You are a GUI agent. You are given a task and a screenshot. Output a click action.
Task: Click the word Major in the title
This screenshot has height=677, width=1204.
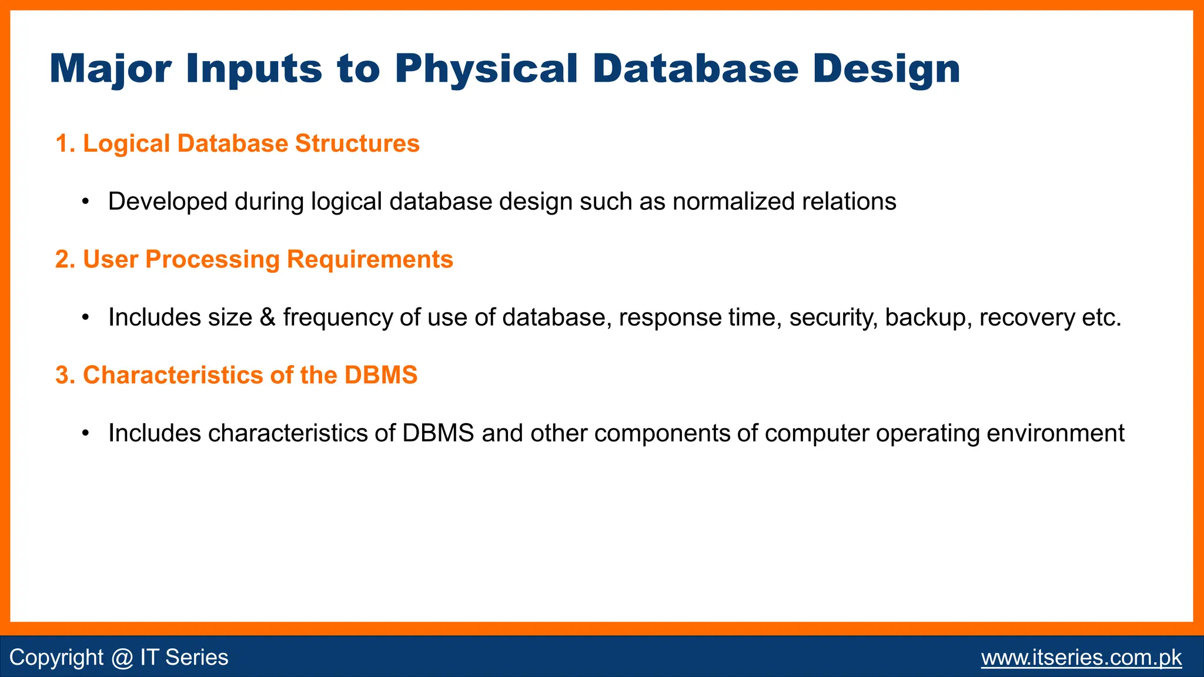point(110,69)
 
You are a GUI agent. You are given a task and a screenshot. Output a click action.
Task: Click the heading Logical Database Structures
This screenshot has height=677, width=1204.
point(238,143)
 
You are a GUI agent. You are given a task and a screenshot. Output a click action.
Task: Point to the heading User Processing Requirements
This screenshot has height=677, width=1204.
point(254,259)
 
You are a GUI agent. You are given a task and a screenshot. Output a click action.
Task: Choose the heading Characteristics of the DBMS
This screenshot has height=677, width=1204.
point(236,375)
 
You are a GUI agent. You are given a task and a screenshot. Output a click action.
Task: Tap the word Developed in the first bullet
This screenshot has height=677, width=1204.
point(168,202)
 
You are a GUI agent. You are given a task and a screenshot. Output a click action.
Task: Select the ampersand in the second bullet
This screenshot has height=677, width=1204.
point(267,317)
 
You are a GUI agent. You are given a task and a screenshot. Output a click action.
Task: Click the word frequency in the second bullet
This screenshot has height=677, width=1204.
point(337,317)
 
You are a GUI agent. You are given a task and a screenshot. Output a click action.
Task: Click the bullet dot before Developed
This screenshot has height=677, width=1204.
point(86,202)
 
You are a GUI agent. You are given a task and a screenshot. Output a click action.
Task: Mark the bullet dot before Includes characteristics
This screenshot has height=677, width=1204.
point(86,434)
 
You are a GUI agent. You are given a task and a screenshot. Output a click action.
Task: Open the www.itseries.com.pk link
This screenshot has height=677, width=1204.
point(1081,657)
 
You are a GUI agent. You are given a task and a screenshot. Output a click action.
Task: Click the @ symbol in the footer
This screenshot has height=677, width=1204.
point(122,657)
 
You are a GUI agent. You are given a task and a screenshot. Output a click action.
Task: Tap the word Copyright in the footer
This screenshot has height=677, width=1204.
point(56,657)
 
